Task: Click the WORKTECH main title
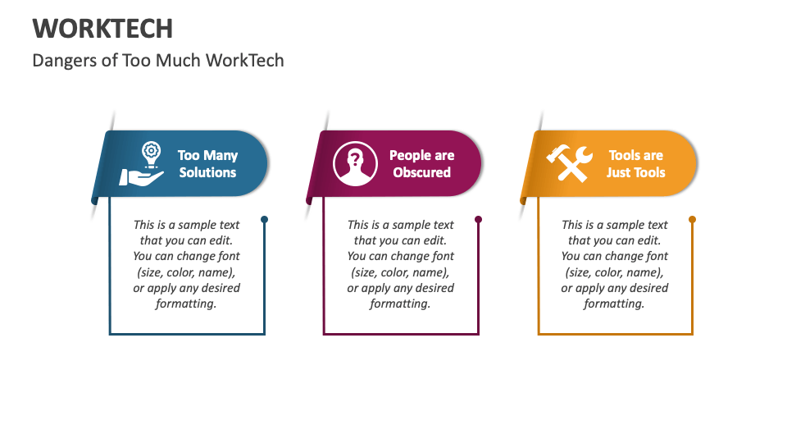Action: click(x=102, y=29)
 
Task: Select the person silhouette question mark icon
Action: click(x=355, y=163)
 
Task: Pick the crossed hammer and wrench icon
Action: click(x=570, y=163)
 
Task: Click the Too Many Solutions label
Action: click(x=207, y=164)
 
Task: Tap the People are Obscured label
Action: click(x=421, y=164)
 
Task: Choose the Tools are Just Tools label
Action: click(x=636, y=164)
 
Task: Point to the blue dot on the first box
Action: click(x=264, y=220)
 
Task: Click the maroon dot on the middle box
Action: click(x=479, y=220)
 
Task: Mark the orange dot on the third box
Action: click(x=693, y=220)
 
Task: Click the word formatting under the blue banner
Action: click(x=186, y=304)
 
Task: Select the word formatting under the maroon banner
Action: click(x=400, y=304)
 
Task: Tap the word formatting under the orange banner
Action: click(x=614, y=304)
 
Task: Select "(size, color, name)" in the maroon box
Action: click(x=400, y=272)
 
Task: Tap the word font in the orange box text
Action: click(x=655, y=256)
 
